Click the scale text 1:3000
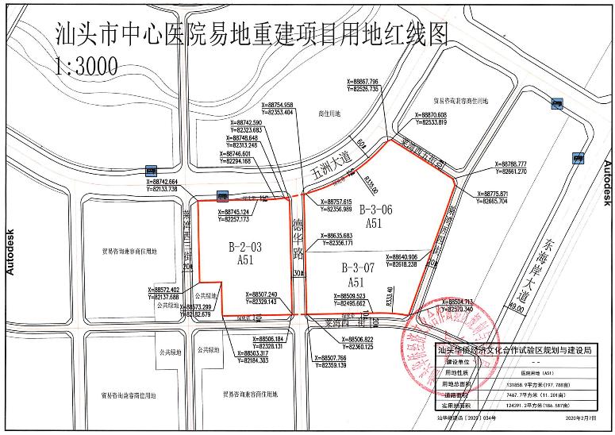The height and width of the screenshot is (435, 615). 86,64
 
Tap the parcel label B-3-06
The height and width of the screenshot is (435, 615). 375,211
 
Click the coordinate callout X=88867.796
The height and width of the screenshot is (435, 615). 374,81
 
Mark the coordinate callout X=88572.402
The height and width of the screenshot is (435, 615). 171,290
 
